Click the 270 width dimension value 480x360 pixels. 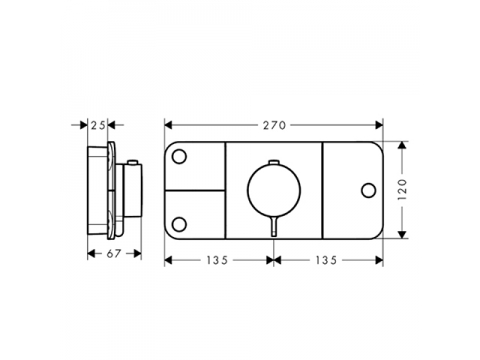(274, 125)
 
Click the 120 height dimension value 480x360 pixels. (403, 189)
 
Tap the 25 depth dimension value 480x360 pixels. (98, 125)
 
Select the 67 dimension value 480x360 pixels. (113, 254)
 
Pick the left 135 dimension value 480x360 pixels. (217, 260)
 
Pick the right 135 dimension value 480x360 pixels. (326, 260)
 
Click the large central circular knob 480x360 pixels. (274, 190)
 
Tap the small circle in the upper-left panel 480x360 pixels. (179, 156)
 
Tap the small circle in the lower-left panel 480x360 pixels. (179, 224)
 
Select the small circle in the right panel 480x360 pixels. (368, 190)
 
